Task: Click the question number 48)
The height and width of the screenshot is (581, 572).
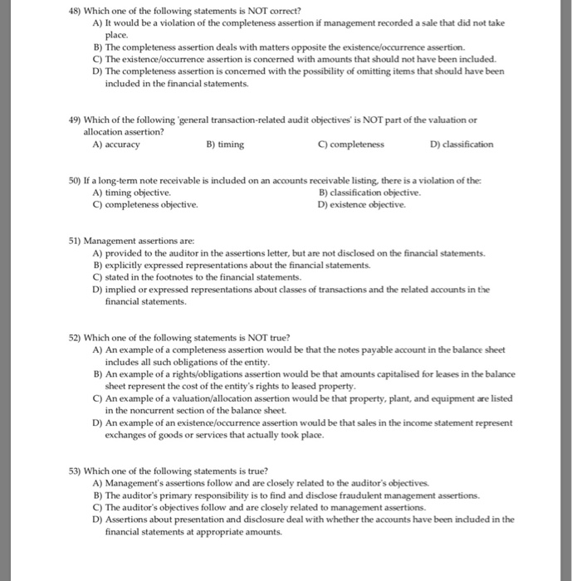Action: pyautogui.click(x=76, y=9)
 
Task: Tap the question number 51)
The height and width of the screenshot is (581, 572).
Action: pyautogui.click(x=76, y=241)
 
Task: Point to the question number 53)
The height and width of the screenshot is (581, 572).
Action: pyautogui.click(x=76, y=470)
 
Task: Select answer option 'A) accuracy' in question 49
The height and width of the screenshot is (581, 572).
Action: pyautogui.click(x=116, y=144)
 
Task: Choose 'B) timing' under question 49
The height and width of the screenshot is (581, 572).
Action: pyautogui.click(x=224, y=144)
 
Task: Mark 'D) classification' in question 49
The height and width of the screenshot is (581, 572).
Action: pyautogui.click(x=461, y=144)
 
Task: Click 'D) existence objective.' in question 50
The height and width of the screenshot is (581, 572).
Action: pyautogui.click(x=362, y=203)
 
